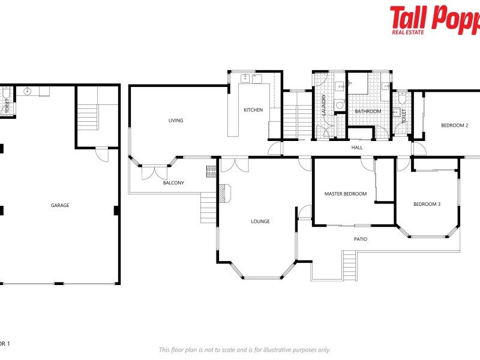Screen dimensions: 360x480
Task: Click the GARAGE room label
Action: click(60, 205)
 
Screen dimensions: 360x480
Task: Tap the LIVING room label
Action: click(176, 121)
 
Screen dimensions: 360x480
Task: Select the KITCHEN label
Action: click(253, 110)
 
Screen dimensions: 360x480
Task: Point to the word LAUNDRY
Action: click(323, 106)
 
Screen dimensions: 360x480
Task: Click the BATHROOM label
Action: click(368, 111)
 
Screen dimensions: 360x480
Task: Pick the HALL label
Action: click(357, 147)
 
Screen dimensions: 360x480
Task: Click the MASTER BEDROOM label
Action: click(345, 194)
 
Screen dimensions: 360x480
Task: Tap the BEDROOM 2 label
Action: click(454, 125)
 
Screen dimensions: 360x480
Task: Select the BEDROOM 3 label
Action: click(427, 204)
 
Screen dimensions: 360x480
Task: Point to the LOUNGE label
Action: click(260, 221)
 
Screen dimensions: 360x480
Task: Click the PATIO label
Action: click(360, 239)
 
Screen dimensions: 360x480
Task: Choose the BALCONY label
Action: click(173, 182)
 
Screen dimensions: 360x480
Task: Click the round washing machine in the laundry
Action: click(340, 106)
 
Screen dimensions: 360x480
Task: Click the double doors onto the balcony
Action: click(154, 172)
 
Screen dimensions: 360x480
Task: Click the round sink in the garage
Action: click(28, 92)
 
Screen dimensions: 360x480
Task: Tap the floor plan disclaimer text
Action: click(244, 350)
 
